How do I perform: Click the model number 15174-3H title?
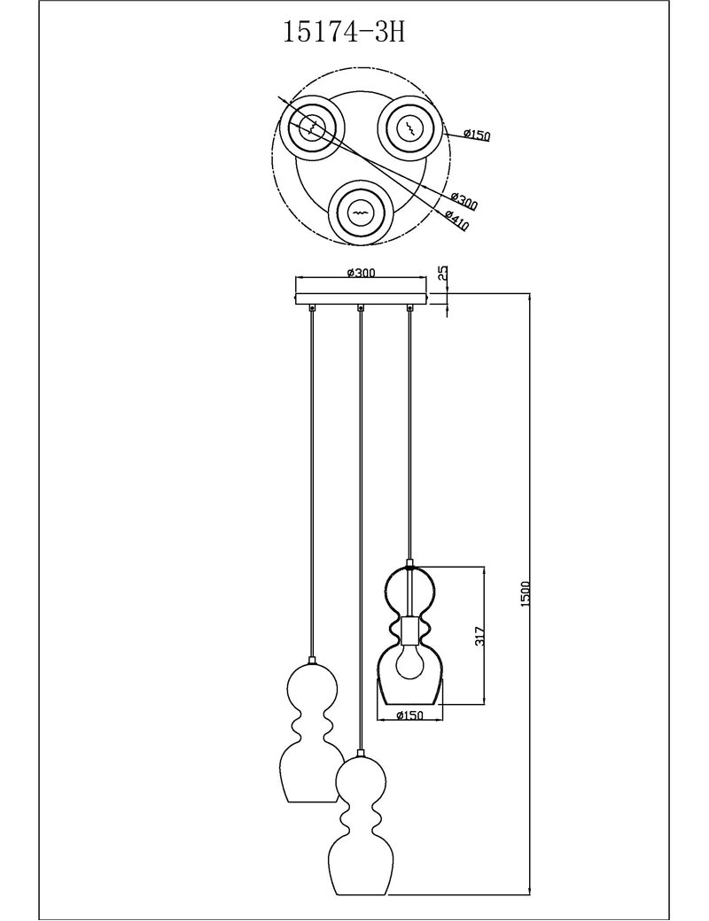[345, 32]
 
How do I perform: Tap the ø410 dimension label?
[456, 220]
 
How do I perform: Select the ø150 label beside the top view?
[476, 135]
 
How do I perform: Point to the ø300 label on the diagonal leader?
[464, 201]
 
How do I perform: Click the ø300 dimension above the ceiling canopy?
[361, 272]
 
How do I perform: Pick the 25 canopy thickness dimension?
[443, 272]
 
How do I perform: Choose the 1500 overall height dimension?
[526, 594]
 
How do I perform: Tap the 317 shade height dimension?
[480, 636]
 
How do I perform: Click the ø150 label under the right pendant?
[409, 715]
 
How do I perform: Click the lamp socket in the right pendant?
[409, 629]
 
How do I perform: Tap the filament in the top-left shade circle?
[312, 126]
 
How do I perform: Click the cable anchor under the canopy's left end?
[312, 306]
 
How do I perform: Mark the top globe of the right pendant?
[409, 592]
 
